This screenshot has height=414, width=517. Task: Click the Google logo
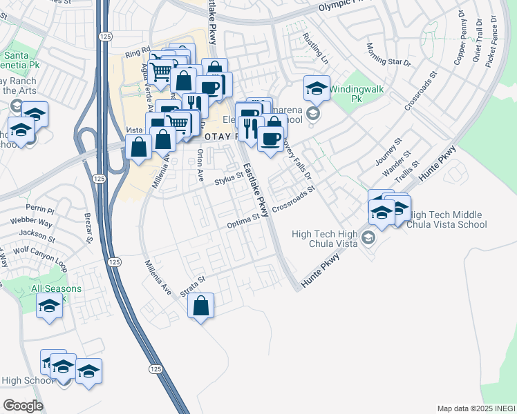click(x=23, y=406)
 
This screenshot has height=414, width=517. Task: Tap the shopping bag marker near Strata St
click(x=200, y=305)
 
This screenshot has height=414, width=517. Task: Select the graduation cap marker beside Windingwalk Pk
click(x=317, y=88)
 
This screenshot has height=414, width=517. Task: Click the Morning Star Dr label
click(x=388, y=55)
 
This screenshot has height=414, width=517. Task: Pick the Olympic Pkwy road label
click(x=346, y=6)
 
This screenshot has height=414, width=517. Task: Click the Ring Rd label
click(x=137, y=51)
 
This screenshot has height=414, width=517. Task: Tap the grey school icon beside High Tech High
click(x=368, y=238)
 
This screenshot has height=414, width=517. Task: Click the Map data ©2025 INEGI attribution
click(x=476, y=408)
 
